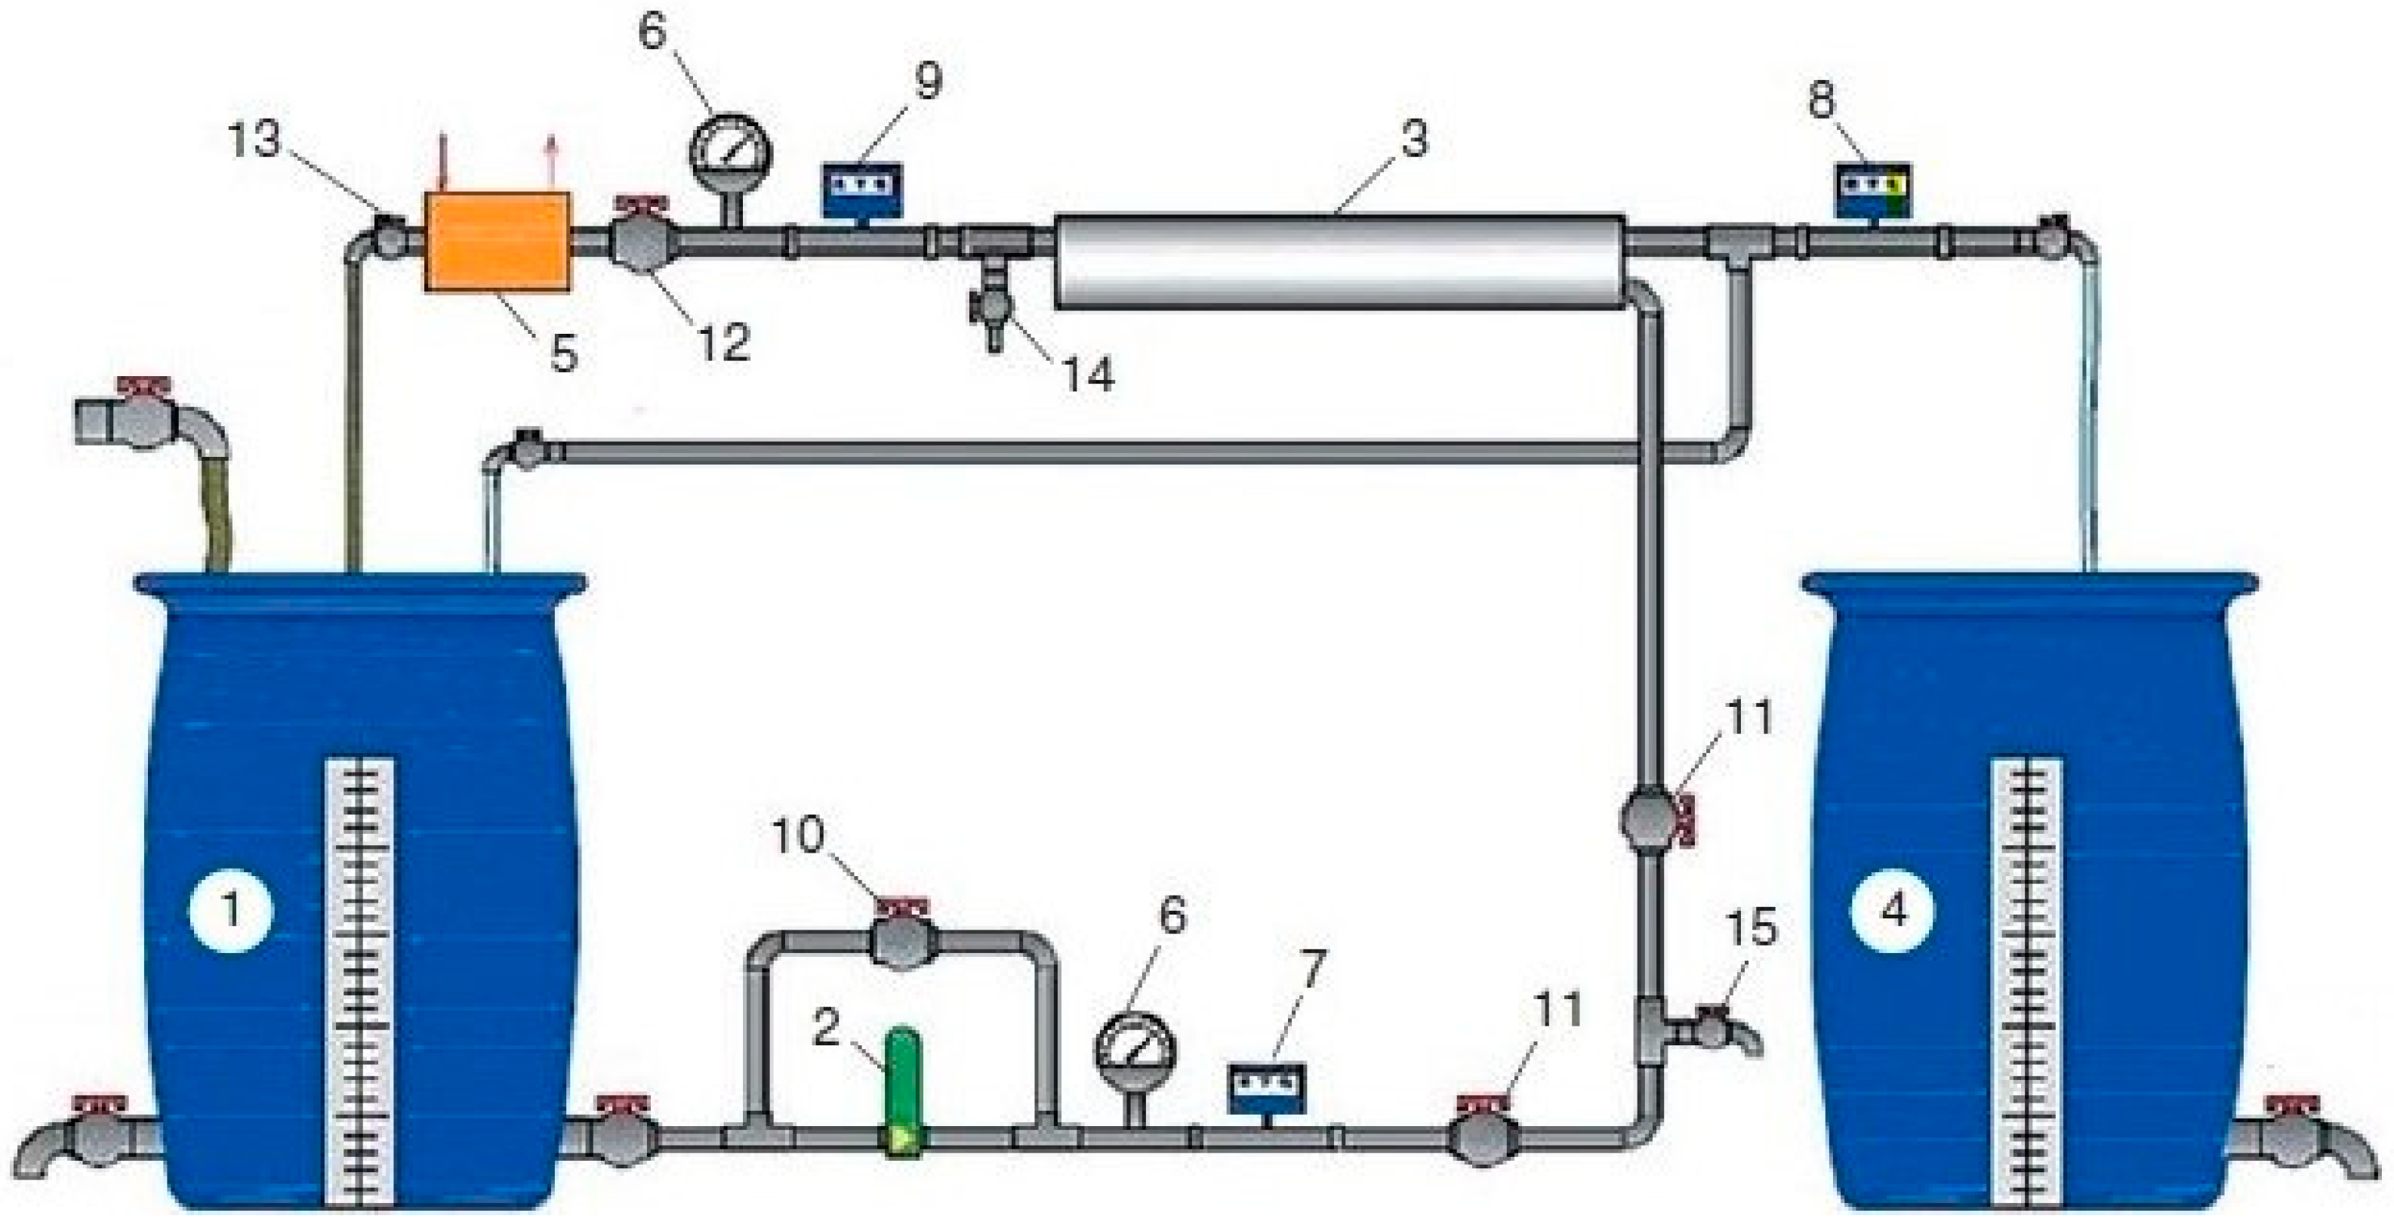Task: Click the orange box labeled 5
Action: click(x=498, y=242)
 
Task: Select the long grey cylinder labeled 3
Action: click(x=1339, y=261)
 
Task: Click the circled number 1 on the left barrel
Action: click(x=230, y=910)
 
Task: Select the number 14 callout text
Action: click(x=1087, y=375)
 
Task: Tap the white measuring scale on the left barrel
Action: click(x=359, y=980)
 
